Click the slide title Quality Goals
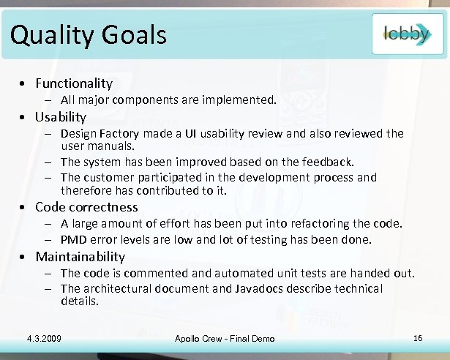89,34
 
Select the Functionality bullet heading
74,83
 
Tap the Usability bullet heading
61,117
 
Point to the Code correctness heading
86,207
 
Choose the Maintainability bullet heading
80,257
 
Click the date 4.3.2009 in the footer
43,338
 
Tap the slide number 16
418,337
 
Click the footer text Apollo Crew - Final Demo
225,338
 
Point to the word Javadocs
260,288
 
